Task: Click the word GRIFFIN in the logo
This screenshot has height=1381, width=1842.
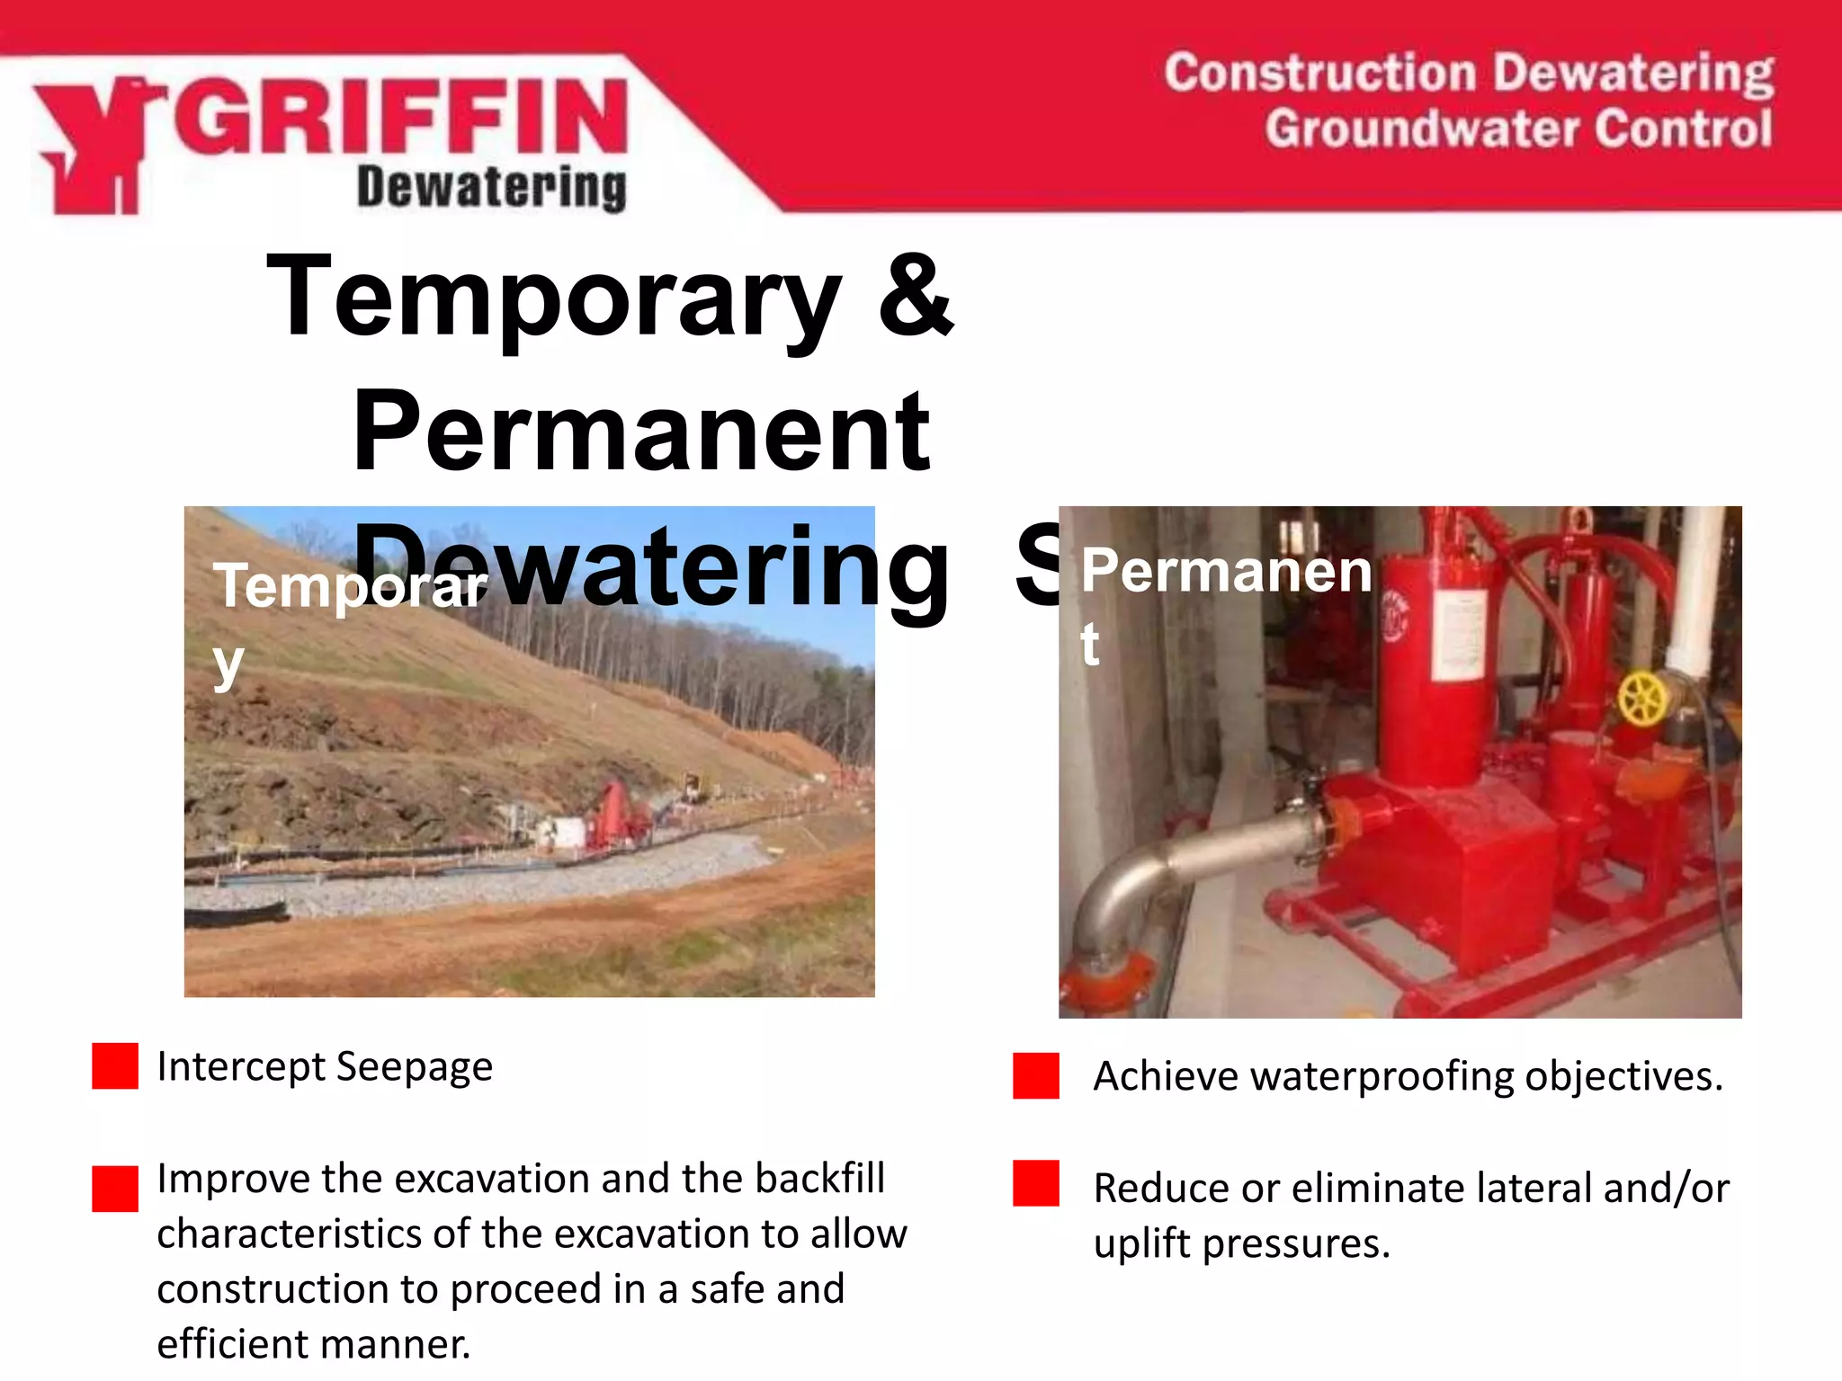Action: point(400,117)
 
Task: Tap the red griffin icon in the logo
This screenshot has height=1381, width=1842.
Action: point(94,144)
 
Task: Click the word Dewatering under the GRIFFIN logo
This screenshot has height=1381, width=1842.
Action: point(491,188)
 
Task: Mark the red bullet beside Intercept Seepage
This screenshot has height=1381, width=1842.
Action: point(115,1066)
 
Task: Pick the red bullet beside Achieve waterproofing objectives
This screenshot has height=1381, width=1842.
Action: point(1035,1076)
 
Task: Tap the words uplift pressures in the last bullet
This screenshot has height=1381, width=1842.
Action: point(1241,1243)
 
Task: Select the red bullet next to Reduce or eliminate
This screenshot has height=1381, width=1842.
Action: point(1035,1183)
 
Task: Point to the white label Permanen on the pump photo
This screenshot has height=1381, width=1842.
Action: point(1226,572)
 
